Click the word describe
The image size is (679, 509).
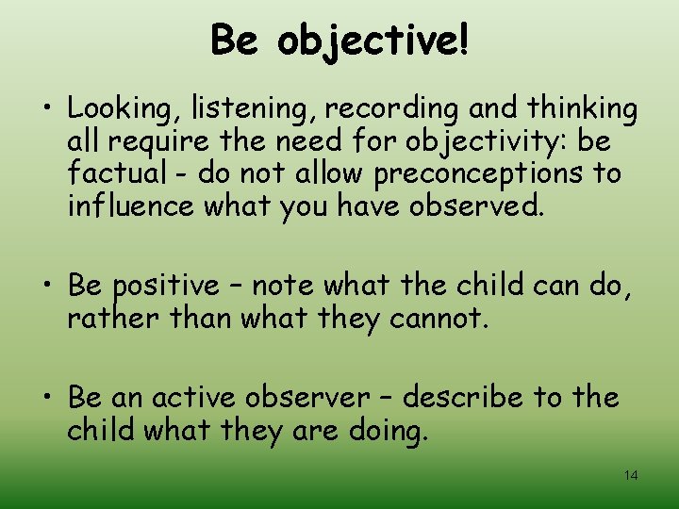(460, 398)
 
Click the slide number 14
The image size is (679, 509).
(631, 475)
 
